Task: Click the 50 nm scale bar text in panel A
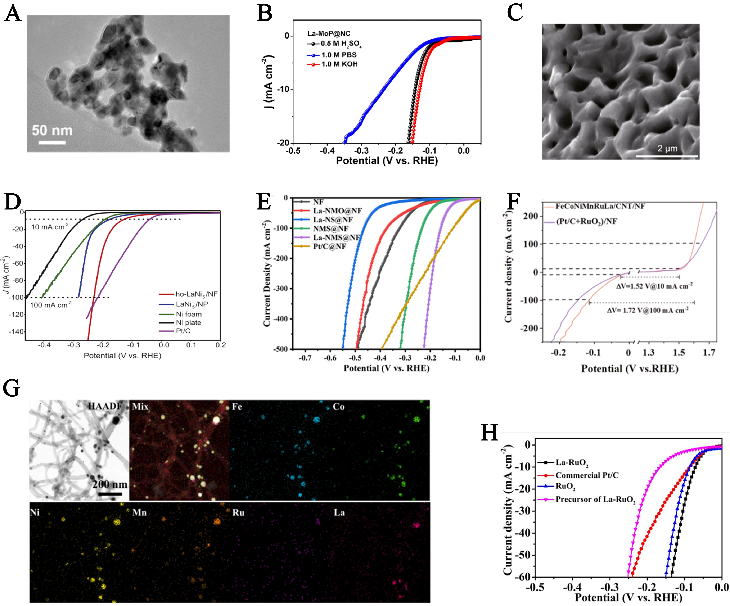[x=52, y=131]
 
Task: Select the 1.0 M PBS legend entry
[x=339, y=55]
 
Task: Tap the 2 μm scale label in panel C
[x=667, y=149]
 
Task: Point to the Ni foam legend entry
[x=188, y=314]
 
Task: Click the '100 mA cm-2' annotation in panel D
[x=51, y=305]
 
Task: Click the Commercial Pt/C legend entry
[x=587, y=475]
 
